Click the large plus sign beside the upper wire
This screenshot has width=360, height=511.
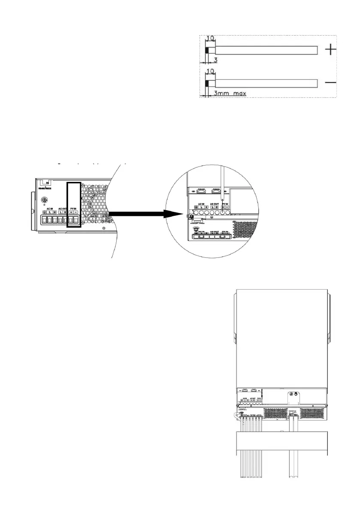tap(330, 51)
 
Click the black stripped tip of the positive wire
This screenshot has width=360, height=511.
tap(207, 50)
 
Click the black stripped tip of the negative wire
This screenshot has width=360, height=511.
tap(207, 83)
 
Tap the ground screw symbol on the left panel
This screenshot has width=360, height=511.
tap(44, 200)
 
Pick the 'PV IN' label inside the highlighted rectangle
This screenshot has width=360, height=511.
tap(73, 208)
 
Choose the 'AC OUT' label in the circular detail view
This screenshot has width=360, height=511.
tap(215, 205)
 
